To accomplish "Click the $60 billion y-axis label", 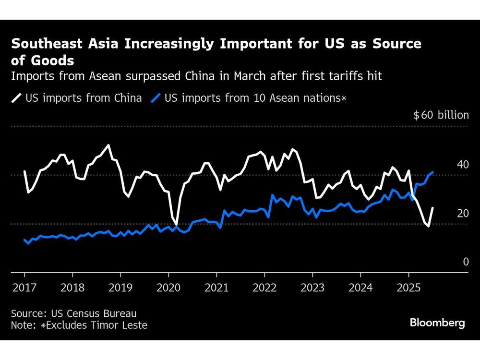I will coord(441,115).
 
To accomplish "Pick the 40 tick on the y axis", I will coord(463,165).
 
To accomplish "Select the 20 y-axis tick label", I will coord(463,213).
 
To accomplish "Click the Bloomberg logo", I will coord(437,323).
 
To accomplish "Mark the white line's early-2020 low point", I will coord(176,224).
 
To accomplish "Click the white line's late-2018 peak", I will coord(108,145).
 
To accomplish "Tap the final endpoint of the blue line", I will coord(433,172).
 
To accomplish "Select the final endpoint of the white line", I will coord(432,208).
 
